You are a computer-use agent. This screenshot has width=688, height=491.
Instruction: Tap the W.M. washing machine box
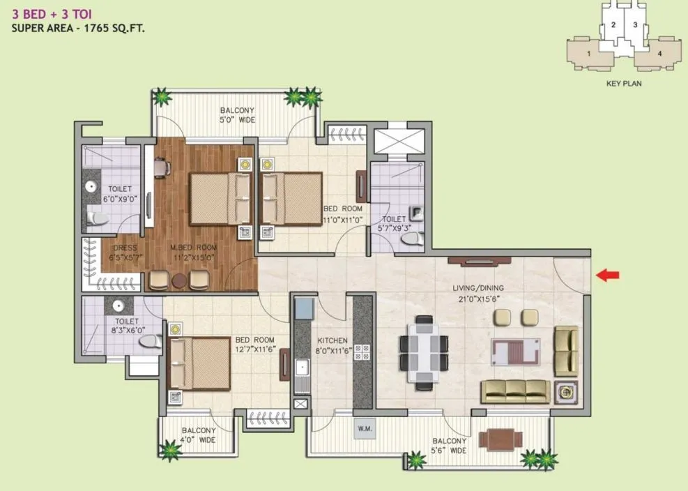tap(362, 428)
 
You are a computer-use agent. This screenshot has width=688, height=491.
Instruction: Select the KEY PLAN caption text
tap(624, 83)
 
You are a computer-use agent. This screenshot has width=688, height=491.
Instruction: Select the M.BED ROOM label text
tap(194, 252)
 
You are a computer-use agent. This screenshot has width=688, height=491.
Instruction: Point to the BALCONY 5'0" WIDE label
tap(237, 115)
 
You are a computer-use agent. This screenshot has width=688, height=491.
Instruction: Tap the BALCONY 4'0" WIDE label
tap(198, 435)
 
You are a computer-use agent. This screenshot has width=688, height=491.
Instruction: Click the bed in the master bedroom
tap(220, 199)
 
